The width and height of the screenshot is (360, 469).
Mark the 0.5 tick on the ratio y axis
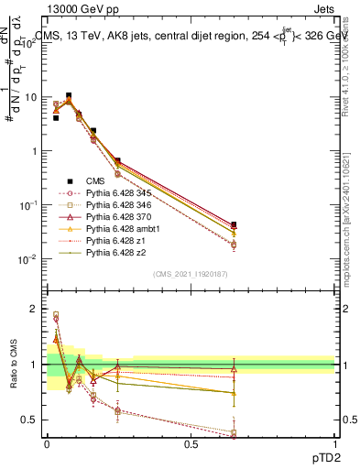[x=34, y=420]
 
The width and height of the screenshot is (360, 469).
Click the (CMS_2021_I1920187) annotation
[x=191, y=274]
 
